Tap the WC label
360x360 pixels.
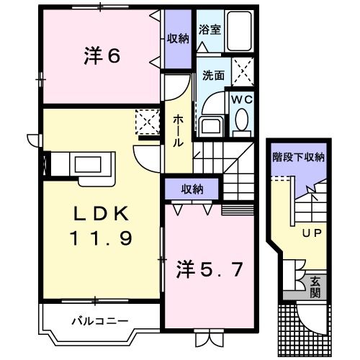coord(240,100)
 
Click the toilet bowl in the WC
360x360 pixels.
coord(241,120)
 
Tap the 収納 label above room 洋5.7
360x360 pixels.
coord(191,189)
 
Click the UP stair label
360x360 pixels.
coord(310,233)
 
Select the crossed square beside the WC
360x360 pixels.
coord(243,72)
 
